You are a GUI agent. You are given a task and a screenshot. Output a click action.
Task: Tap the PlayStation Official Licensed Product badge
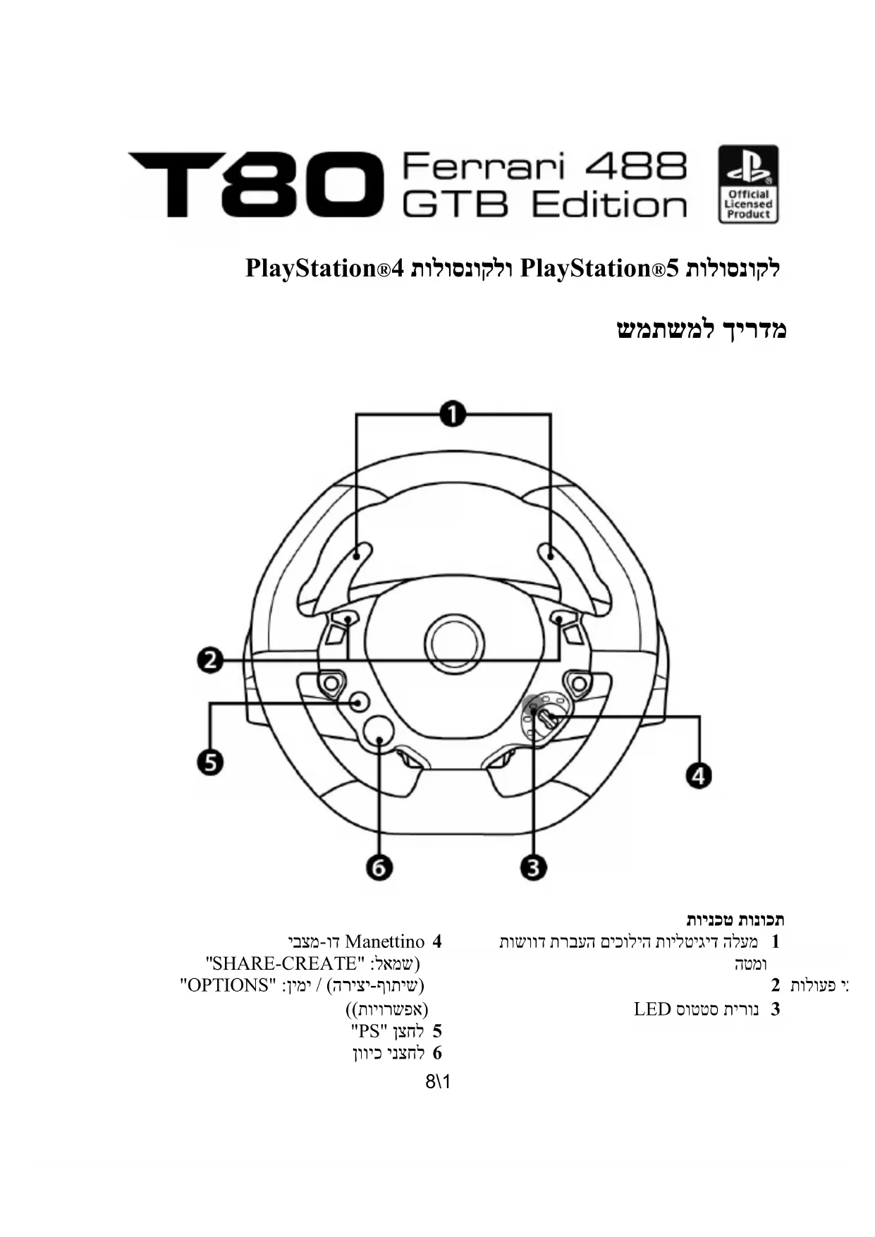[x=748, y=184]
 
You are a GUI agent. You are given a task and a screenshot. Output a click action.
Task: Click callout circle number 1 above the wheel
[x=452, y=414]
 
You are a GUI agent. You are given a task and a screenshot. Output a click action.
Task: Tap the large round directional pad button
[x=379, y=733]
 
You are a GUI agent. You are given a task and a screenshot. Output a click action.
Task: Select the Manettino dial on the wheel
[x=544, y=716]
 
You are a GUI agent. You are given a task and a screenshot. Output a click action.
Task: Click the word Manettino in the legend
[x=385, y=942]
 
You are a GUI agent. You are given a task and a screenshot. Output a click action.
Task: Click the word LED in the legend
[x=651, y=1009]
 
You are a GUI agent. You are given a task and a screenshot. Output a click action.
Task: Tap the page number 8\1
[x=438, y=1080]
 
